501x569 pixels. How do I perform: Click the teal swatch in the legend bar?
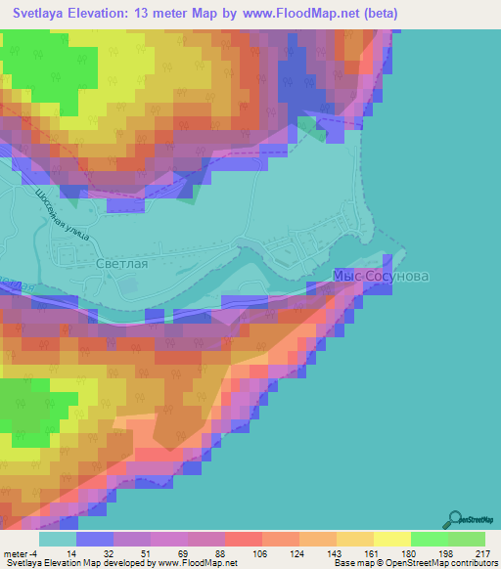click(x=58, y=539)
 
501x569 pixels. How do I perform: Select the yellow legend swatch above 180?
click(x=391, y=539)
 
